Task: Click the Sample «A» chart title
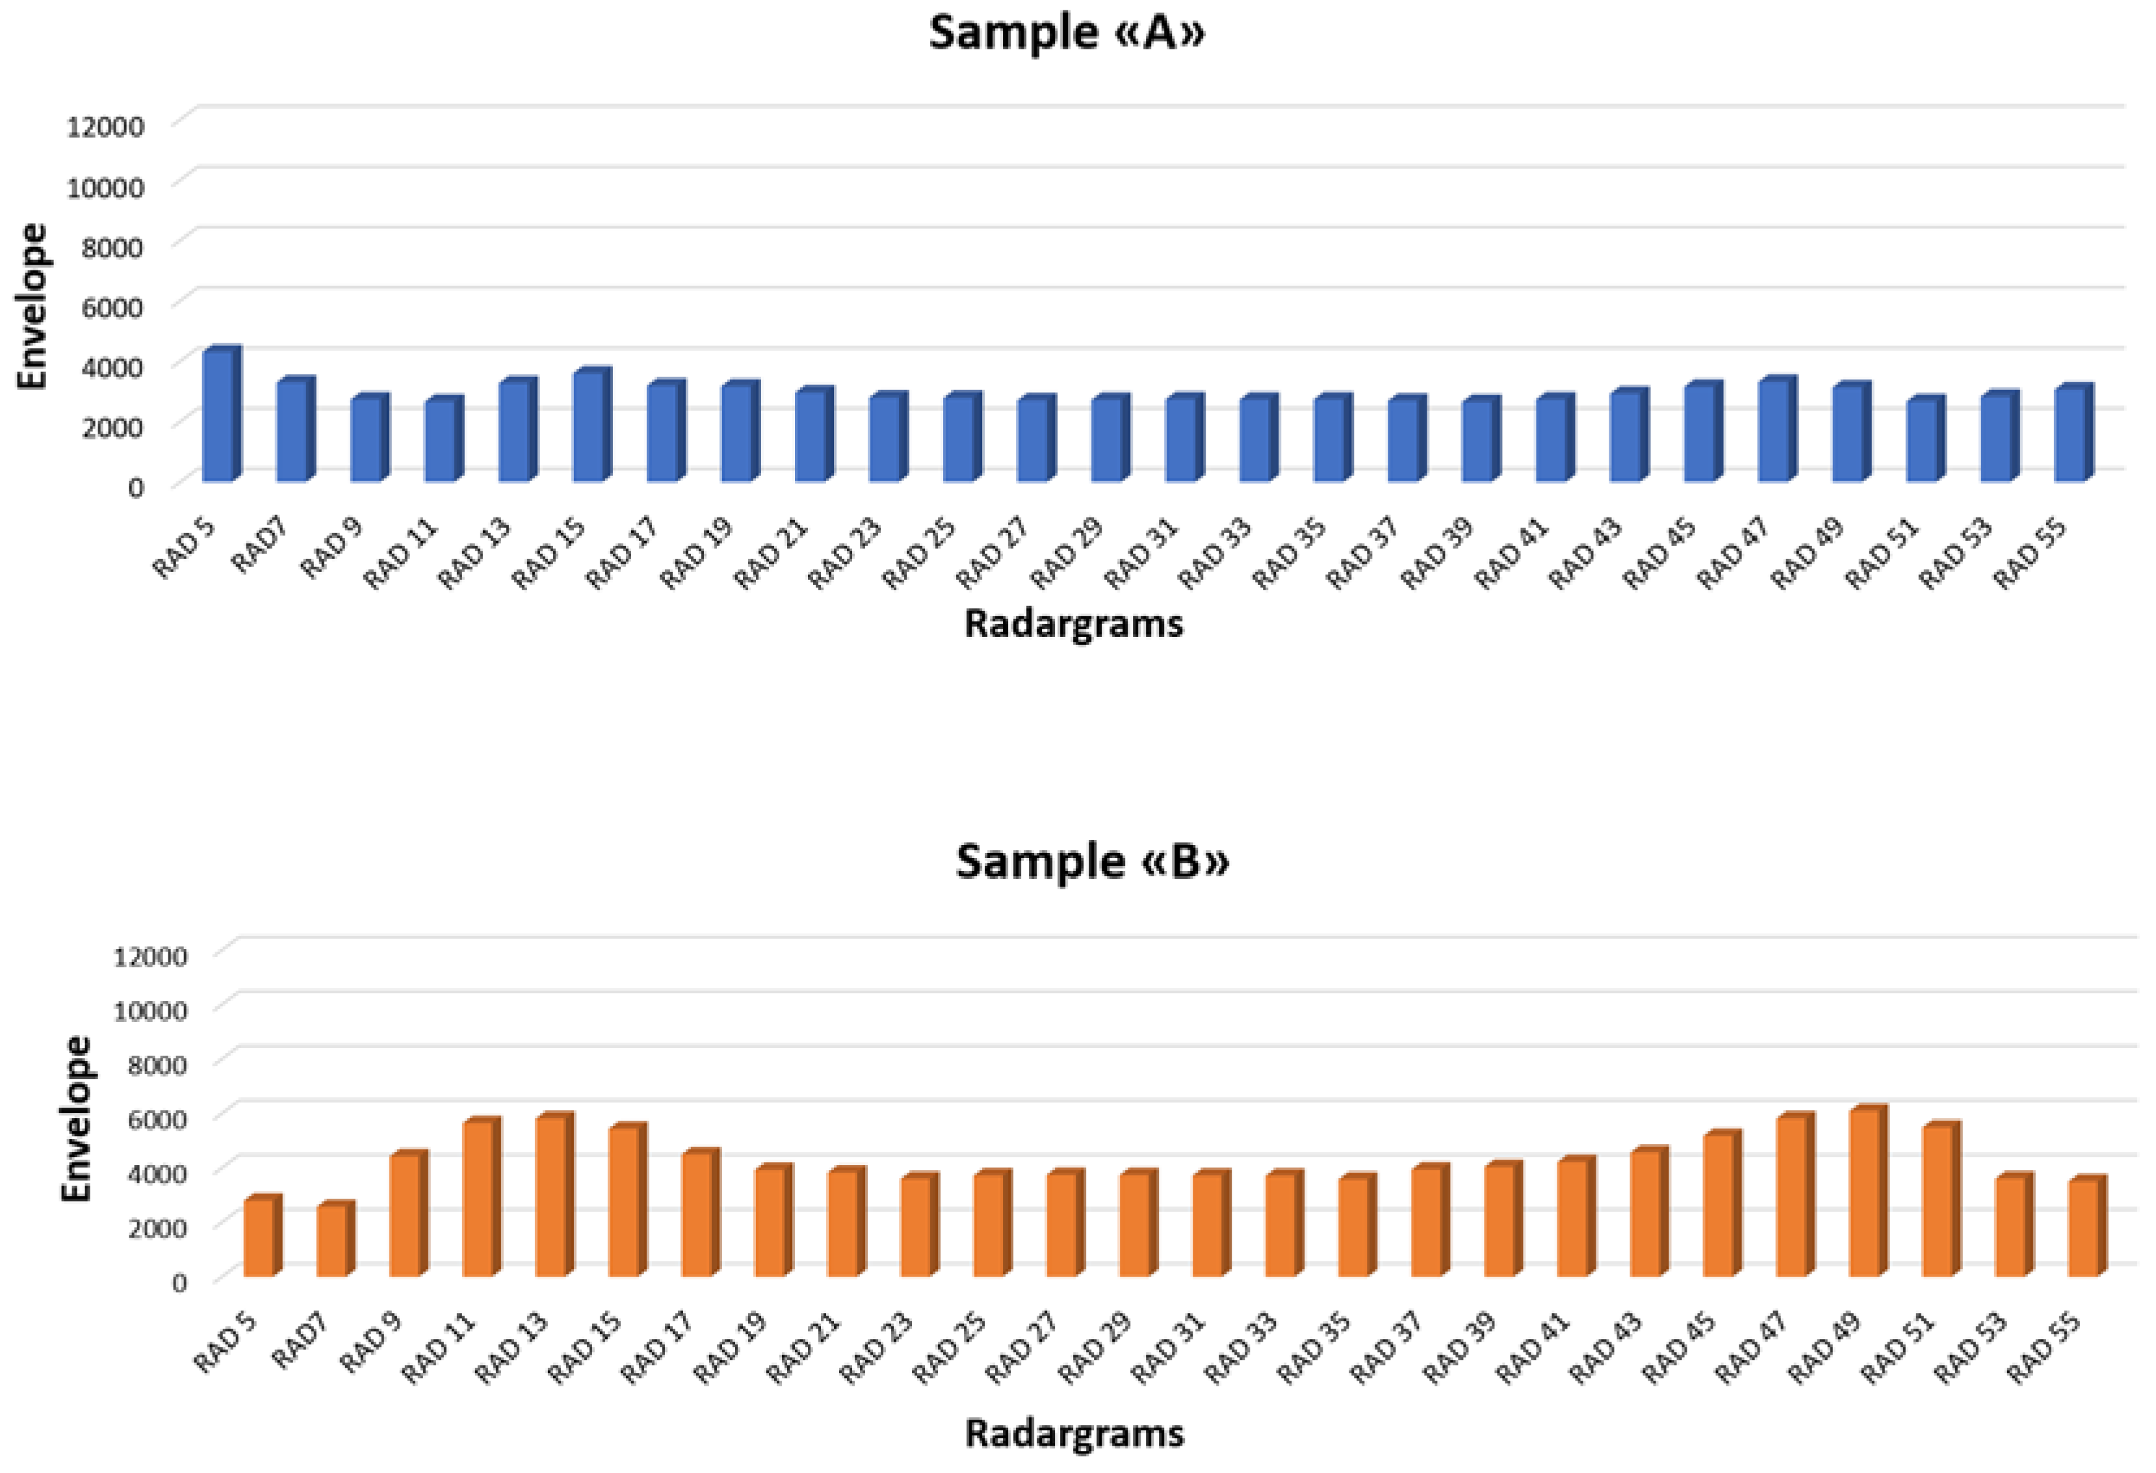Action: [1067, 33]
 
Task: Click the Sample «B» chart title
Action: [1092, 862]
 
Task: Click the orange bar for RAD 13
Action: [553, 1197]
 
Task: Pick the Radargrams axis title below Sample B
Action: [1074, 1433]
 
